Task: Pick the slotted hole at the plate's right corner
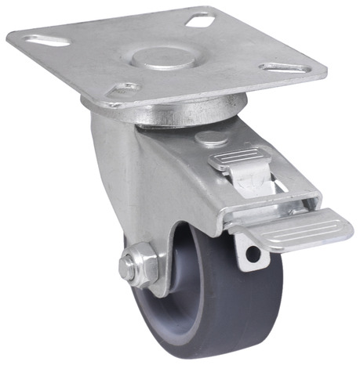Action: pos(283,69)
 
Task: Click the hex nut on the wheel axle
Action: pos(139,265)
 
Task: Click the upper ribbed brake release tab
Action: pos(236,160)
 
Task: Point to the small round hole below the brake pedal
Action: pos(252,253)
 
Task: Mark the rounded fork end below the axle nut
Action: pos(157,290)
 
